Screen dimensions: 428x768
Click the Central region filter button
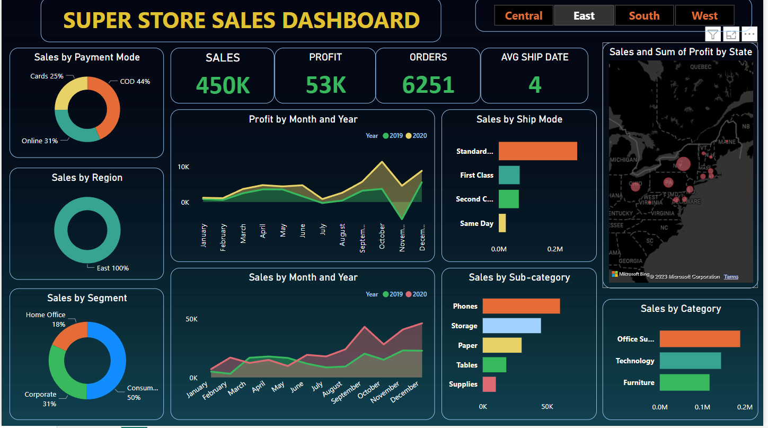pyautogui.click(x=524, y=16)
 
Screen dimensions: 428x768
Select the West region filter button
pyautogui.click(x=704, y=16)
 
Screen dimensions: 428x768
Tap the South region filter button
pyautogui.click(x=644, y=16)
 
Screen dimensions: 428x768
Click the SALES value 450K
pyautogui.click(x=223, y=85)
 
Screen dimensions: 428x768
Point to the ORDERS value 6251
pyautogui.click(x=428, y=85)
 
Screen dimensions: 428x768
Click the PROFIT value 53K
pyautogui.click(x=325, y=85)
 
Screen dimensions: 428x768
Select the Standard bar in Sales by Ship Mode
pyautogui.click(x=537, y=151)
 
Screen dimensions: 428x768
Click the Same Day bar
pyautogui.click(x=502, y=223)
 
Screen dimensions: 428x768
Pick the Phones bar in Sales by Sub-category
pyautogui.click(x=521, y=306)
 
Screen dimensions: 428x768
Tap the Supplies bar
pyautogui.click(x=489, y=385)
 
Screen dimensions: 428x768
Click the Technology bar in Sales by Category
pyautogui.click(x=690, y=361)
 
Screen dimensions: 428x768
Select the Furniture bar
pyautogui.click(x=684, y=382)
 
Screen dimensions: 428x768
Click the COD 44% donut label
pyautogui.click(x=135, y=82)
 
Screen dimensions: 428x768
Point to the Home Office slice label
pyautogui.click(x=46, y=315)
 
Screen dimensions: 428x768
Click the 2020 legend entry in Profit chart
pyautogui.click(x=416, y=136)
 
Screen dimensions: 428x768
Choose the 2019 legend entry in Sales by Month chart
pyautogui.click(x=392, y=294)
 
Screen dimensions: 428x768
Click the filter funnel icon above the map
pyautogui.click(x=713, y=35)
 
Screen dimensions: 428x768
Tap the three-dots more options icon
pyautogui.click(x=749, y=35)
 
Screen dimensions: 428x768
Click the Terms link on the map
pyautogui.click(x=731, y=277)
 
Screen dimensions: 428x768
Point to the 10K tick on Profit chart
pyautogui.click(x=183, y=167)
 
